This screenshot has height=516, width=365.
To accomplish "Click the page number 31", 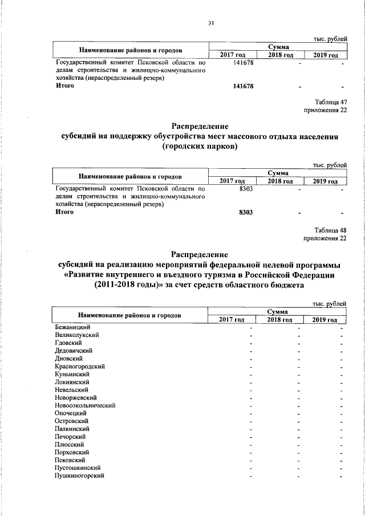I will click(x=210, y=23).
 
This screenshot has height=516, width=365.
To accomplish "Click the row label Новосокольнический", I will click(x=86, y=405).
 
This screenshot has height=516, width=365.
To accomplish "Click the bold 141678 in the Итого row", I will click(x=243, y=86).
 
